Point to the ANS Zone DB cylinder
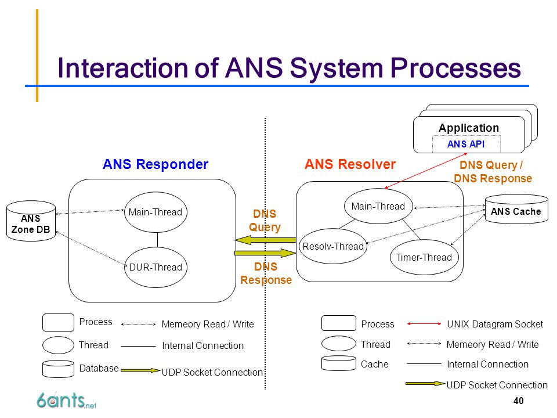pos(31,221)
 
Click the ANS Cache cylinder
pos(516,210)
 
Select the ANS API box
pos(466,144)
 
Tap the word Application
pos(469,128)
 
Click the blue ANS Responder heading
pos(155,164)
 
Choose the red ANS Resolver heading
pos(350,164)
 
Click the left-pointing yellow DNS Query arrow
pos(265,240)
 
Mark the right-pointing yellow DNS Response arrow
pos(265,253)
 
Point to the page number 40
pos(518,401)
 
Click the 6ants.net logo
pos(66,401)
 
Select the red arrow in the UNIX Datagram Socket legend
pos(424,324)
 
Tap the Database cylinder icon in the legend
pos(58,369)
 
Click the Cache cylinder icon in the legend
pos(338,363)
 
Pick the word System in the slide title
pos(337,69)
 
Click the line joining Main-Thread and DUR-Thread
pos(157,240)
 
